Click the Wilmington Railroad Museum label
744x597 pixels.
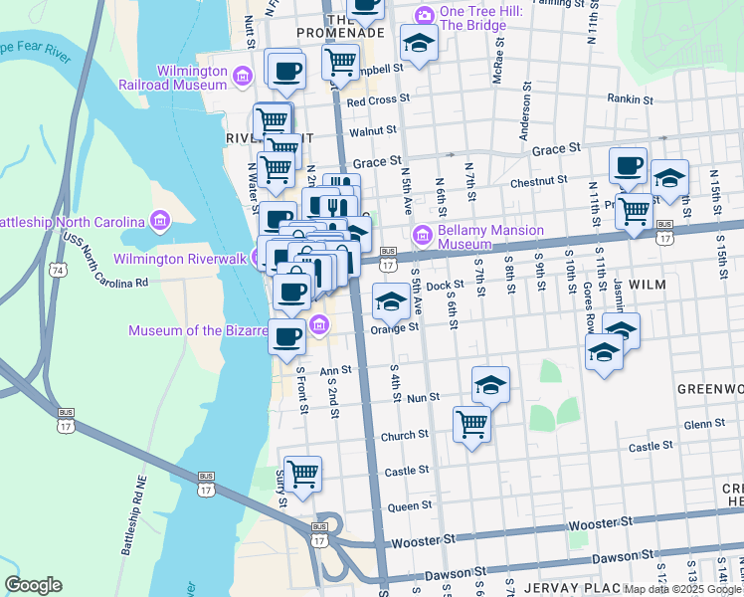pyautogui.click(x=190, y=78)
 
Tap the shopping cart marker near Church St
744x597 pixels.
pyautogui.click(x=471, y=425)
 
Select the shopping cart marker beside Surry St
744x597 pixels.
pyautogui.click(x=302, y=474)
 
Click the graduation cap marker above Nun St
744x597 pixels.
pyautogui.click(x=490, y=384)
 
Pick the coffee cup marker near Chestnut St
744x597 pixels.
pyautogui.click(x=628, y=165)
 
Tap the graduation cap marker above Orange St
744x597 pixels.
pyautogui.click(x=391, y=300)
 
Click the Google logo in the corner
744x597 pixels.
pyautogui.click(x=33, y=585)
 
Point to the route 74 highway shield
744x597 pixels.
pyautogui.click(x=61, y=271)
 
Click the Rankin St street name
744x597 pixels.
pyautogui.click(x=630, y=99)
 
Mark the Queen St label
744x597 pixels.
pyautogui.click(x=409, y=506)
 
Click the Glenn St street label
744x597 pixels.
pyautogui.click(x=704, y=424)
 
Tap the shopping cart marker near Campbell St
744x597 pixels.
pyautogui.click(x=340, y=63)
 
